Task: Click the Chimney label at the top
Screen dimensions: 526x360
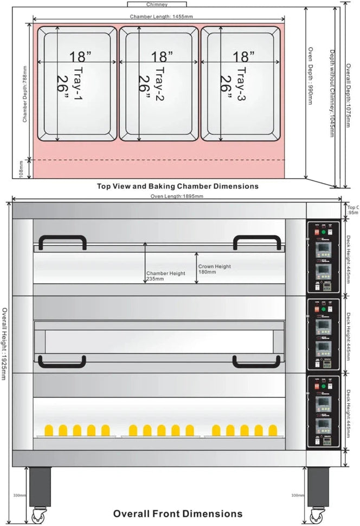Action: click(x=157, y=4)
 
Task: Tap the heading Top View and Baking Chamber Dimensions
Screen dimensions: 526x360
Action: click(x=177, y=186)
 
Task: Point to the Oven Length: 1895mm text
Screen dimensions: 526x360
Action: click(x=177, y=196)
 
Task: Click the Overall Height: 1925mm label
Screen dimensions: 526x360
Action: click(x=5, y=343)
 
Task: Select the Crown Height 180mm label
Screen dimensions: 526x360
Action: click(x=214, y=269)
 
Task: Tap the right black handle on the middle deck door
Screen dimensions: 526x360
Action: click(x=257, y=362)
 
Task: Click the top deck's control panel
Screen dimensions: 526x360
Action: click(x=323, y=257)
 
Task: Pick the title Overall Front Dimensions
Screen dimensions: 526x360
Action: click(x=177, y=513)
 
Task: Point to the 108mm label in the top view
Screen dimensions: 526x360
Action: click(x=21, y=168)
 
